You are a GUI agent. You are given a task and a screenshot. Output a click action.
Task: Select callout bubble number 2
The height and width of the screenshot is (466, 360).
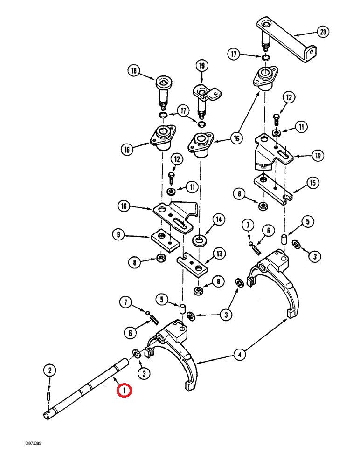tap(50, 370)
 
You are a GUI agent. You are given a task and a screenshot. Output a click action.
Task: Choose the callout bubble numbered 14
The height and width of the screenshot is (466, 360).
tap(218, 219)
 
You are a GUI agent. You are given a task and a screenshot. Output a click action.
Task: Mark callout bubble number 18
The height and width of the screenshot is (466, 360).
tap(134, 71)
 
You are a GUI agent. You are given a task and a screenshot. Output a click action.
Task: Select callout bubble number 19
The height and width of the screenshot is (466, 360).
tap(201, 66)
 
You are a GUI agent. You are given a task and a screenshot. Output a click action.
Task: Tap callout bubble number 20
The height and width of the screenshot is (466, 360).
tap(323, 32)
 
